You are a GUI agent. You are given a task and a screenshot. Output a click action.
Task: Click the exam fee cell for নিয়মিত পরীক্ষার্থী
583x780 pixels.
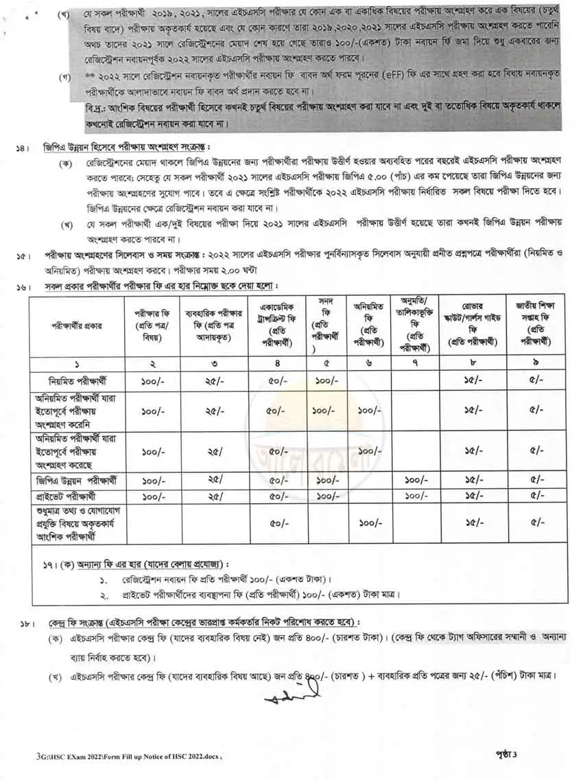click(x=151, y=380)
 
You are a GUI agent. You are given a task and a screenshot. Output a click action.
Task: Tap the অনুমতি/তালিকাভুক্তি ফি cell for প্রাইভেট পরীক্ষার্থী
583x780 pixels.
click(x=416, y=495)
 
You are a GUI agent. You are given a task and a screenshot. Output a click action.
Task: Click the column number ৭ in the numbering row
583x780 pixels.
click(x=416, y=363)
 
